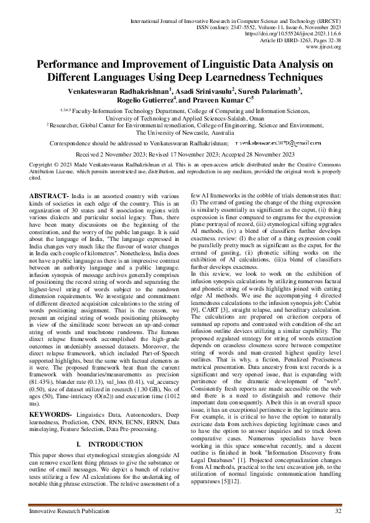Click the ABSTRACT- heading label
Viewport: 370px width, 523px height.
click(x=50, y=196)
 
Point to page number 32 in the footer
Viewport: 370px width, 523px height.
click(x=338, y=511)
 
